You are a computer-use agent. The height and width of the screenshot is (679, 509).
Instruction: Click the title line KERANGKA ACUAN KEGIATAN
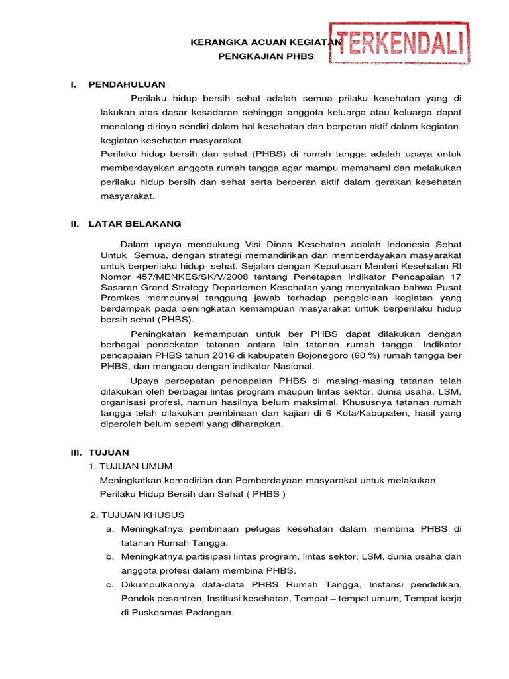coord(266,42)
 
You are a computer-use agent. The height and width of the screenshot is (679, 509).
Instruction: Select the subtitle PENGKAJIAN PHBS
coord(266,56)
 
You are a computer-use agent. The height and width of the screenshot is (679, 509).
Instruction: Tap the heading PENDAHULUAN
coord(127,84)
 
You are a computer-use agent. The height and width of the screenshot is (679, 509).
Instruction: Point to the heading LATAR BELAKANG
coord(135,224)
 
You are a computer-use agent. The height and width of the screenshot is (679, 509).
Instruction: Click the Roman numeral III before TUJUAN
coord(76,452)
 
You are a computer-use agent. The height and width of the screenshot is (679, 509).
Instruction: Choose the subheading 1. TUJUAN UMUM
coord(131,466)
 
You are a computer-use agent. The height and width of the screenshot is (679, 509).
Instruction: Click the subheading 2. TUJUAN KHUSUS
coord(137,515)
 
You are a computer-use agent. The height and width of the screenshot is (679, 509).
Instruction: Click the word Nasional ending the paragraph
coord(294,366)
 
